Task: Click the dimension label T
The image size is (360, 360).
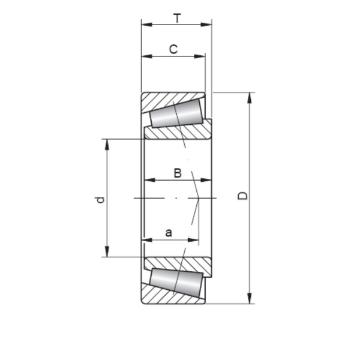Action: [x=177, y=19]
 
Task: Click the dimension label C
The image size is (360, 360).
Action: [x=173, y=49]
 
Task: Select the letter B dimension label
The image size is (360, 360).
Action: [x=178, y=173]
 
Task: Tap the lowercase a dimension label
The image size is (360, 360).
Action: [x=169, y=233]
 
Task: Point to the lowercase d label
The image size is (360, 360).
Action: [x=101, y=199]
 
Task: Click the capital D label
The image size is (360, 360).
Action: [x=242, y=196]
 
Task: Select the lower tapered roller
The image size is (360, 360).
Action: [x=175, y=281]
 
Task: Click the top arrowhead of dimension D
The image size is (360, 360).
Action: [x=250, y=96]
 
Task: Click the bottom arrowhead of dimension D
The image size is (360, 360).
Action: [x=250, y=300]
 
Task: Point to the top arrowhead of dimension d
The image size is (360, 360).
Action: [x=107, y=143]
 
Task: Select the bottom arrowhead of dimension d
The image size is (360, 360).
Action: [x=107, y=253]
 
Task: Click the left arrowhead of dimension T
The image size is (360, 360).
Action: [x=145, y=25]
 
